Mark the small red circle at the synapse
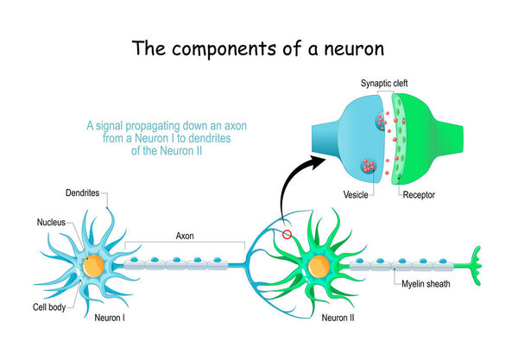[287, 234]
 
